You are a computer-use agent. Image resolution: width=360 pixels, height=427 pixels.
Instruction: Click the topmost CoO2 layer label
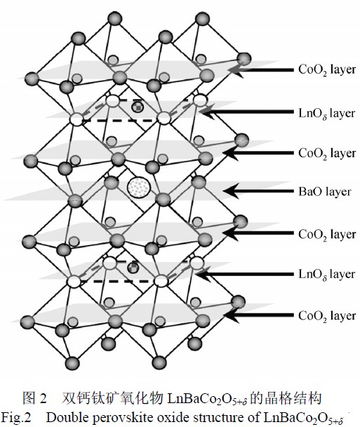(x=327, y=70)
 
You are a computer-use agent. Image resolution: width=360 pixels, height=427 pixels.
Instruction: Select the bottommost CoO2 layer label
(x=327, y=316)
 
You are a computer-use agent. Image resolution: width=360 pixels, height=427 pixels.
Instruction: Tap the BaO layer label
(x=325, y=192)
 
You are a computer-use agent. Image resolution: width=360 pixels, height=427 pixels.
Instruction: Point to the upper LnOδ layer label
(x=327, y=113)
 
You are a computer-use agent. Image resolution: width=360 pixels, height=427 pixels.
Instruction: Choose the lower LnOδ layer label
(x=327, y=274)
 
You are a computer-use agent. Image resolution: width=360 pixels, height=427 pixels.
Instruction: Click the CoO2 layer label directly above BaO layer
(x=327, y=153)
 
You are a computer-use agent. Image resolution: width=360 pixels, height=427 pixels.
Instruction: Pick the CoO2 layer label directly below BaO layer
(x=327, y=234)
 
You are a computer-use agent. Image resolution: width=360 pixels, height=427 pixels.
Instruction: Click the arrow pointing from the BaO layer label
(x=258, y=191)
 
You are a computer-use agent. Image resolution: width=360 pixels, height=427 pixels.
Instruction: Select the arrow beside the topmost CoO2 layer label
(x=260, y=70)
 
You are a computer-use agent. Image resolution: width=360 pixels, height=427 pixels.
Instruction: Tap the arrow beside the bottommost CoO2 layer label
(x=258, y=315)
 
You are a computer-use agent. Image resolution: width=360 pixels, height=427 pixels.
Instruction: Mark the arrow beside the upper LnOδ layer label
(x=246, y=112)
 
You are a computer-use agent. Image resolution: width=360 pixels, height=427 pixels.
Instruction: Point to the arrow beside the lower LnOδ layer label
(x=245, y=274)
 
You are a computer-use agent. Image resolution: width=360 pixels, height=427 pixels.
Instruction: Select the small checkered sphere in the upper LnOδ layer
(x=138, y=107)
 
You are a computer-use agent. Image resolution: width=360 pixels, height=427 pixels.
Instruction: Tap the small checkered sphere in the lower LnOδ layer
(x=133, y=268)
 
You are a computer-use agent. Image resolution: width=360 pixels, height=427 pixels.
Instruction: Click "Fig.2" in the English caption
(x=16, y=417)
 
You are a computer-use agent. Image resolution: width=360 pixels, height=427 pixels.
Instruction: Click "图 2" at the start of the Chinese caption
(x=34, y=398)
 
